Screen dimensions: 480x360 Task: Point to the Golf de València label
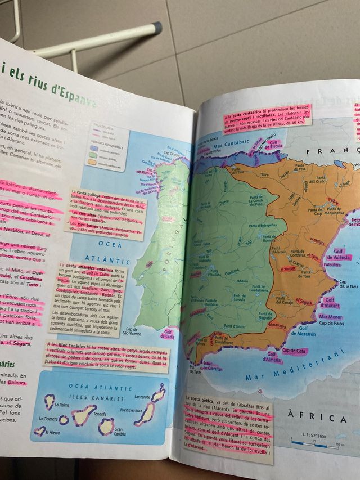pyautogui.click(x=343, y=254)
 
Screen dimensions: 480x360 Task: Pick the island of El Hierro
pyautogui.click(x=39, y=431)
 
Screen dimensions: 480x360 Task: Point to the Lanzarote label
pyautogui.click(x=143, y=397)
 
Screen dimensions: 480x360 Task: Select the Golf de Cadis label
pyautogui.click(x=168, y=334)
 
